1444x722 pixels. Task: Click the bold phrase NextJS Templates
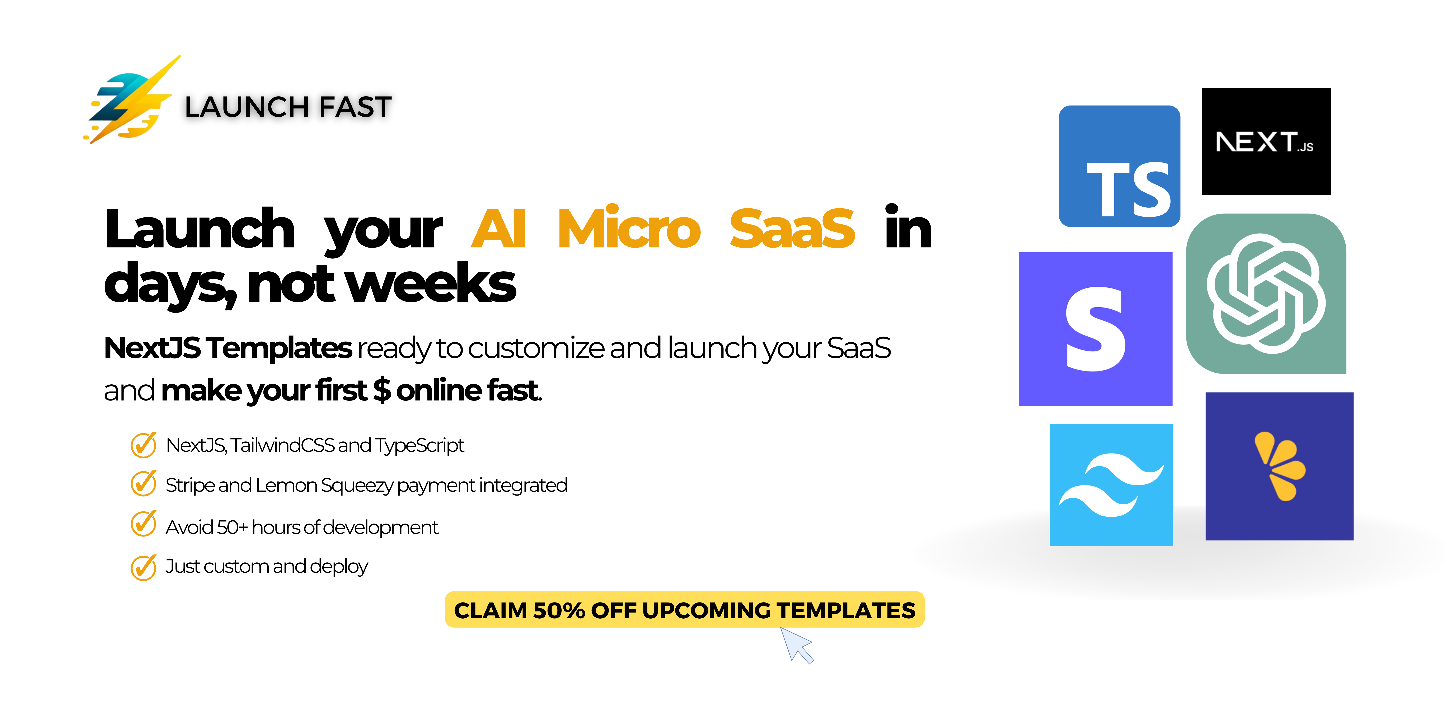pyautogui.click(x=228, y=348)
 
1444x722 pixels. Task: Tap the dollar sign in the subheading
pyautogui.click(x=382, y=390)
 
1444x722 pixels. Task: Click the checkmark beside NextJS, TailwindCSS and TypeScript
pyautogui.click(x=144, y=445)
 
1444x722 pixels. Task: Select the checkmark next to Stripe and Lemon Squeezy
pyautogui.click(x=144, y=484)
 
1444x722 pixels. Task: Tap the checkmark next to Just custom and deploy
pyautogui.click(x=144, y=567)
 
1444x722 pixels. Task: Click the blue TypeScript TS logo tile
pyautogui.click(x=1119, y=167)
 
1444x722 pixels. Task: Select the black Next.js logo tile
pyautogui.click(x=1266, y=141)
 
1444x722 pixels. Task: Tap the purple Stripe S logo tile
pyautogui.click(x=1095, y=329)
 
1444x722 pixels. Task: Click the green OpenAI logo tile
pyautogui.click(x=1266, y=294)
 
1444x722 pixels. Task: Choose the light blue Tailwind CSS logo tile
pyautogui.click(x=1111, y=485)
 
